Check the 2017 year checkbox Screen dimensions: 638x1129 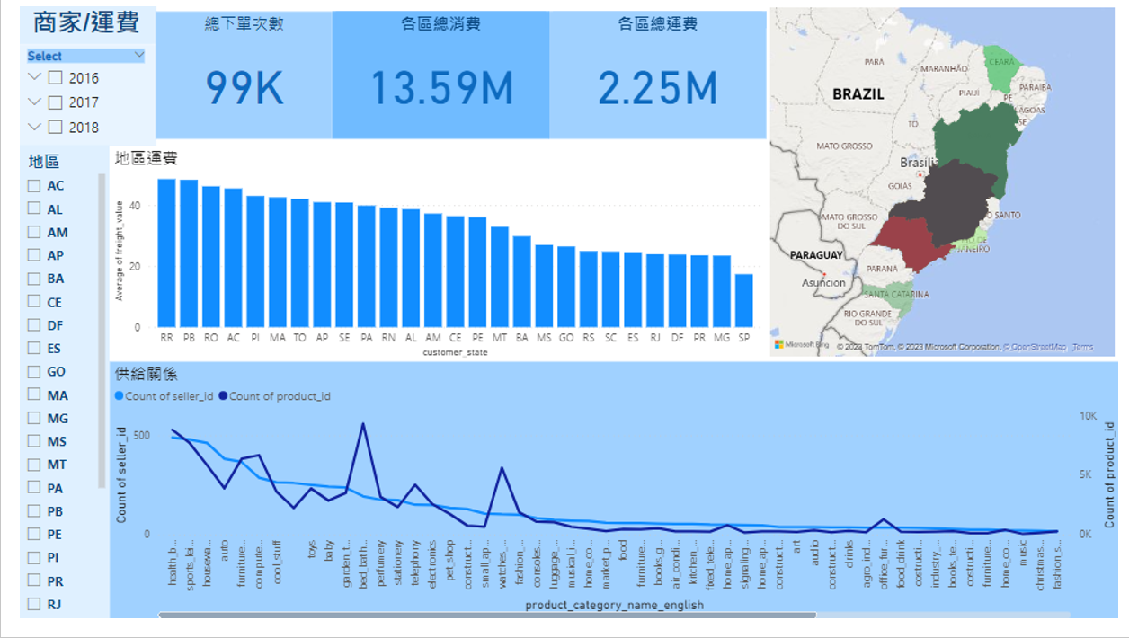[56, 102]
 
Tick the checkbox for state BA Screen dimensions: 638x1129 [34, 279]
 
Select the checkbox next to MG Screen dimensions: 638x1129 [34, 418]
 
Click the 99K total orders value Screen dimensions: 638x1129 [244, 88]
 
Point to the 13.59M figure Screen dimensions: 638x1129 [440, 88]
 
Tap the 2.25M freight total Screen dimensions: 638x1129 [657, 88]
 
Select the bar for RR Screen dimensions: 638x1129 [166, 253]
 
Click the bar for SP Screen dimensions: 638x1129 [743, 300]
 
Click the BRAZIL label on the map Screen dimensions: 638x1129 [858, 93]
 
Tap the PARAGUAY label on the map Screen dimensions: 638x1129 [816, 255]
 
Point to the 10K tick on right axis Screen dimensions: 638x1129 [1089, 416]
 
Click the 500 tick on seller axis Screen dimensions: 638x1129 [142, 435]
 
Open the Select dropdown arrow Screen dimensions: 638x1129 [139, 56]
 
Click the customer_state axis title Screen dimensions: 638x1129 [455, 352]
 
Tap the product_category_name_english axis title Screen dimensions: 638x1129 [614, 605]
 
